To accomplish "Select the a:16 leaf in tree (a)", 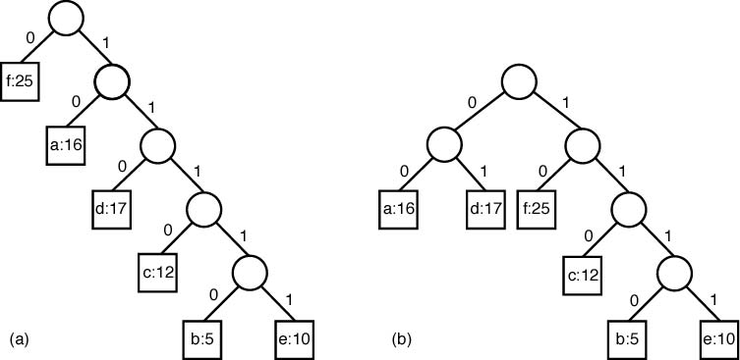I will click(x=66, y=146).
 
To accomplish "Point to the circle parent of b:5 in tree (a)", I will click(x=252, y=270).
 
